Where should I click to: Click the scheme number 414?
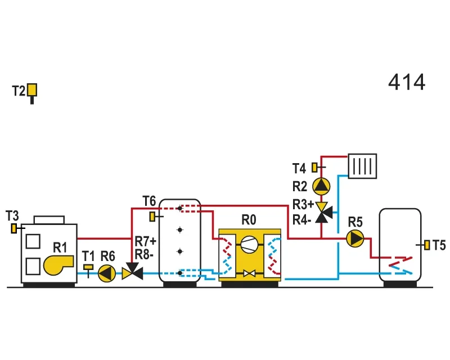(407, 82)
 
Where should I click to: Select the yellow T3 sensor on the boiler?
(13, 228)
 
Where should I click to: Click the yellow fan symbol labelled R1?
(58, 265)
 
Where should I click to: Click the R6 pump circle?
(107, 273)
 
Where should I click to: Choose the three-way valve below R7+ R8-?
(132, 272)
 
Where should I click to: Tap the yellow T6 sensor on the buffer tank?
(152, 217)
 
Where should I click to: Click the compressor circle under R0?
(249, 244)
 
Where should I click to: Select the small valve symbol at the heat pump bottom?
(249, 273)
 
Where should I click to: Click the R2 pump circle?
(321, 186)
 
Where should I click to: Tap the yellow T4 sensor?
(315, 168)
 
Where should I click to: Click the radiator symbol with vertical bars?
(362, 166)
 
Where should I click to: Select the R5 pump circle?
(355, 238)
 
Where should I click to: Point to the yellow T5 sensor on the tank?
(427, 245)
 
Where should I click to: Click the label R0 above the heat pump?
(249, 220)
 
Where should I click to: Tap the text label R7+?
(146, 241)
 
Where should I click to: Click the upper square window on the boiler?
(33, 241)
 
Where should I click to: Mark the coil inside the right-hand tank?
(400, 265)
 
